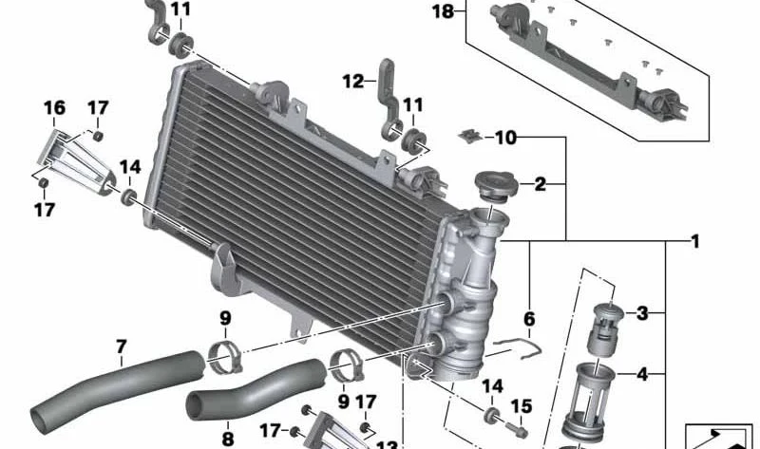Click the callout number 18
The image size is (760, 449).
pyautogui.click(x=443, y=11)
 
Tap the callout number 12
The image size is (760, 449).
pyautogui.click(x=352, y=82)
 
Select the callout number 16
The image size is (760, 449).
pyautogui.click(x=54, y=107)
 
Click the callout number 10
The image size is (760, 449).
pyautogui.click(x=505, y=138)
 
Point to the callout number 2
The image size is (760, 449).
pyautogui.click(x=540, y=184)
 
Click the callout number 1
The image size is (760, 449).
pyautogui.click(x=695, y=241)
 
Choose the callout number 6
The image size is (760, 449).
pyautogui.click(x=529, y=319)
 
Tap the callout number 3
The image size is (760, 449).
pyautogui.click(x=642, y=313)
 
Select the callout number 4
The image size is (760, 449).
pyautogui.click(x=642, y=374)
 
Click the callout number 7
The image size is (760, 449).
pyautogui.click(x=122, y=346)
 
